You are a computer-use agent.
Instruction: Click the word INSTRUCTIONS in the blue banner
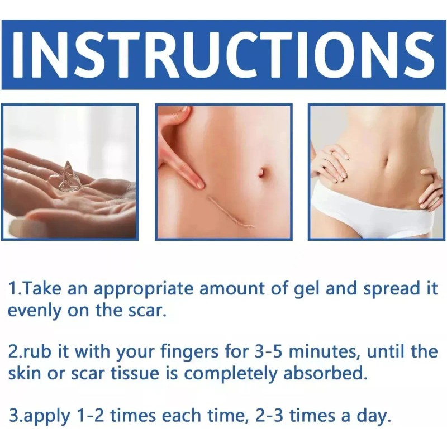click(224, 55)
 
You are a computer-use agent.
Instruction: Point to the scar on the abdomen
click(231, 212)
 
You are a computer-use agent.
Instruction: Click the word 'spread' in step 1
click(390, 289)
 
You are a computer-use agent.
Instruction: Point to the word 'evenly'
click(35, 311)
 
